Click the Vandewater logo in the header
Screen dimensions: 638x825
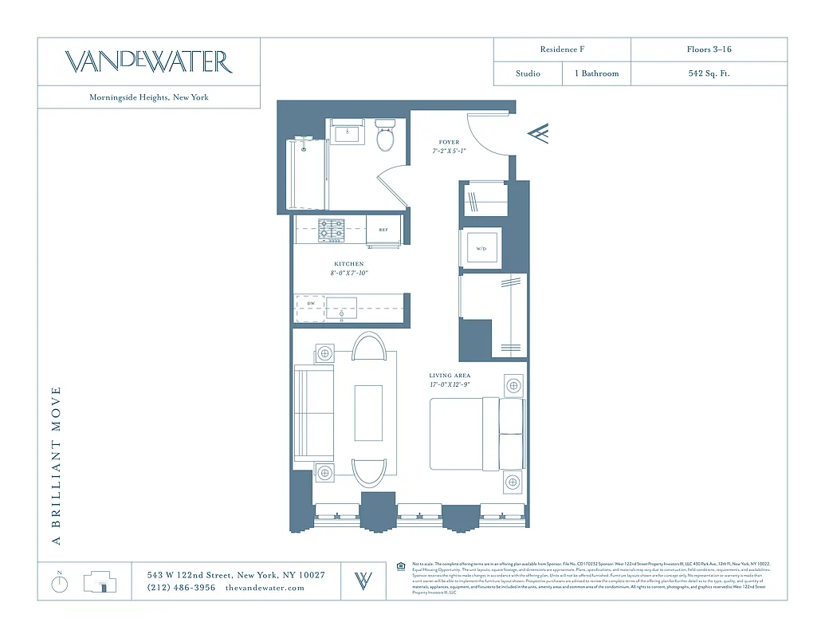coord(148,61)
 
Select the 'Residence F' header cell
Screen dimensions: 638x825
coord(562,49)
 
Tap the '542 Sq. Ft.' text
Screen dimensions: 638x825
coord(709,73)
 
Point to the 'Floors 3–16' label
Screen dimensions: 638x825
coord(709,49)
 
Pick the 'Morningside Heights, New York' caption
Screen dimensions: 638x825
coord(149,97)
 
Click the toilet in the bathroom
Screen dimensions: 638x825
coord(385,136)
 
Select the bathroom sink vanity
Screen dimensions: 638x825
coord(347,132)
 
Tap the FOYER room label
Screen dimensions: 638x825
coord(449,143)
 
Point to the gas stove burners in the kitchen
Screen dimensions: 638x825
coord(332,230)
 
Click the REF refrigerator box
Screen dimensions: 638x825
coord(383,230)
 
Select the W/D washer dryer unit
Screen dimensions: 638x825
coord(481,249)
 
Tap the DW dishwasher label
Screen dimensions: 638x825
coord(311,304)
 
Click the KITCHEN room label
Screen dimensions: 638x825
coord(348,264)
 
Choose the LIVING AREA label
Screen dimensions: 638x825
coord(450,376)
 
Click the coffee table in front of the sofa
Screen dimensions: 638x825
coord(368,413)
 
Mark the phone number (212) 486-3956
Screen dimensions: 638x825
coord(181,588)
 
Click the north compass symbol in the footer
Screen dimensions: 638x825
coord(60,583)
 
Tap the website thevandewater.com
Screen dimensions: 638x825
coord(265,588)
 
